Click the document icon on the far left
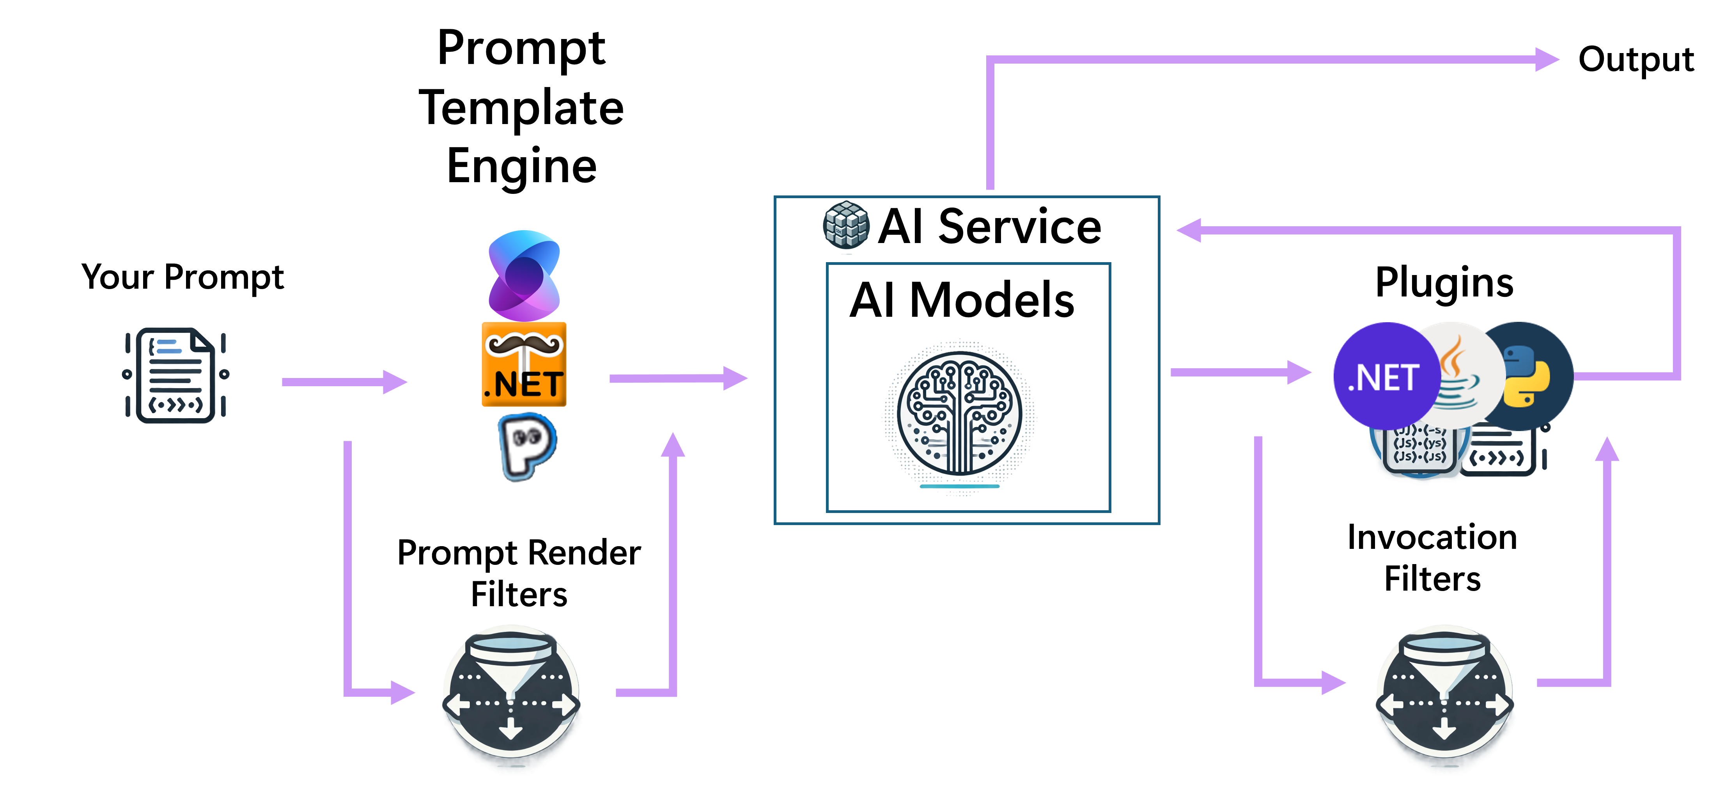coord(175,375)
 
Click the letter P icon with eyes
coord(526,445)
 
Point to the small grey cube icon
coord(847,225)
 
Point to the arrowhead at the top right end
coord(1548,59)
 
